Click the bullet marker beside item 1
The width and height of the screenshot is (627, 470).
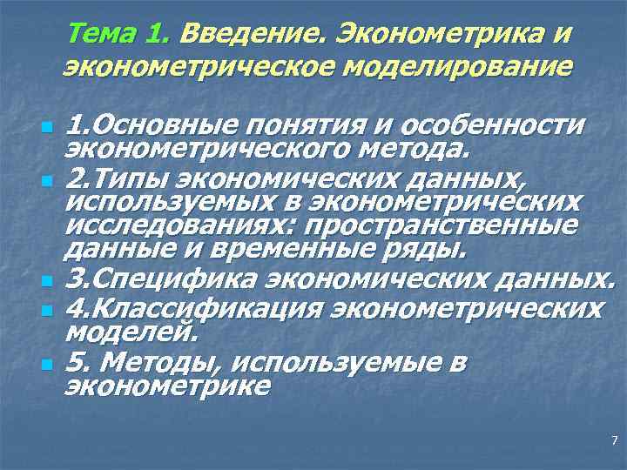[48, 128]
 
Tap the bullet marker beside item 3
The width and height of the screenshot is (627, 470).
[48, 284]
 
